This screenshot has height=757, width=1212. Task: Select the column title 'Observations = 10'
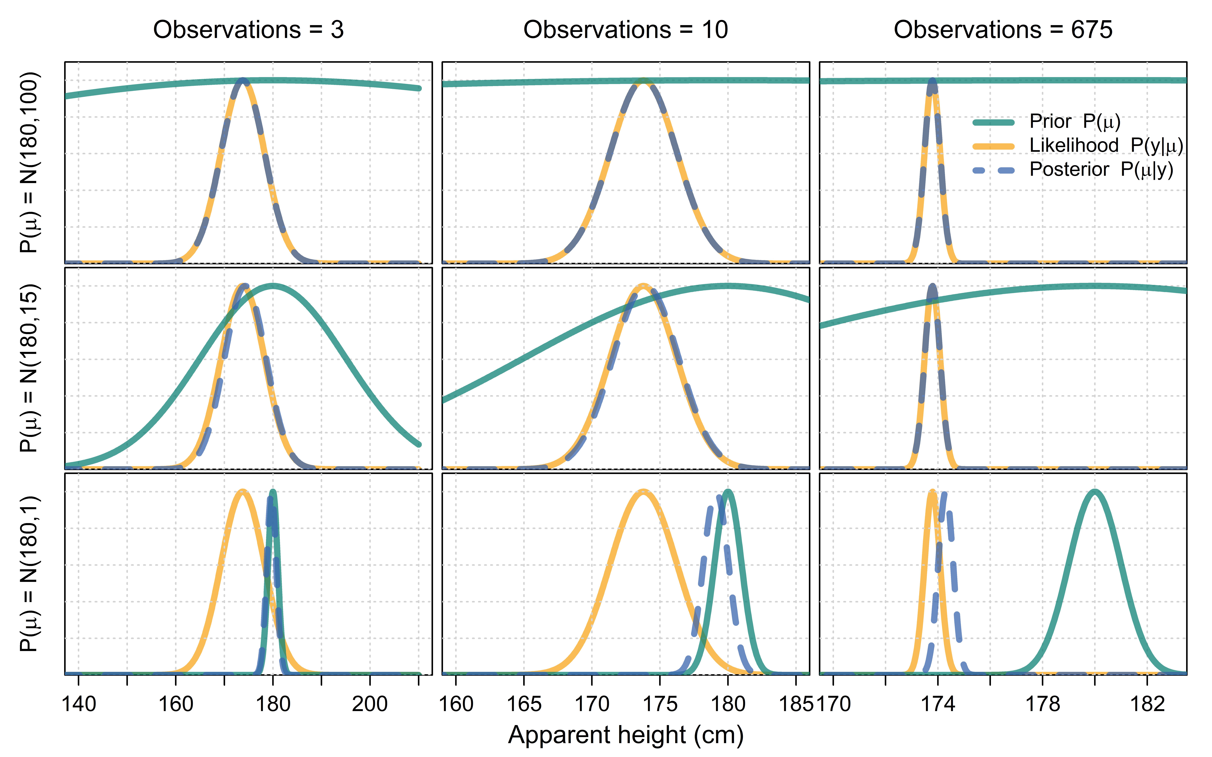click(626, 30)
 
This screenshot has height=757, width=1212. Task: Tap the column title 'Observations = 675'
click(1003, 30)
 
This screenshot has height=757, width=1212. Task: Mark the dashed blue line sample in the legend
click(994, 170)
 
